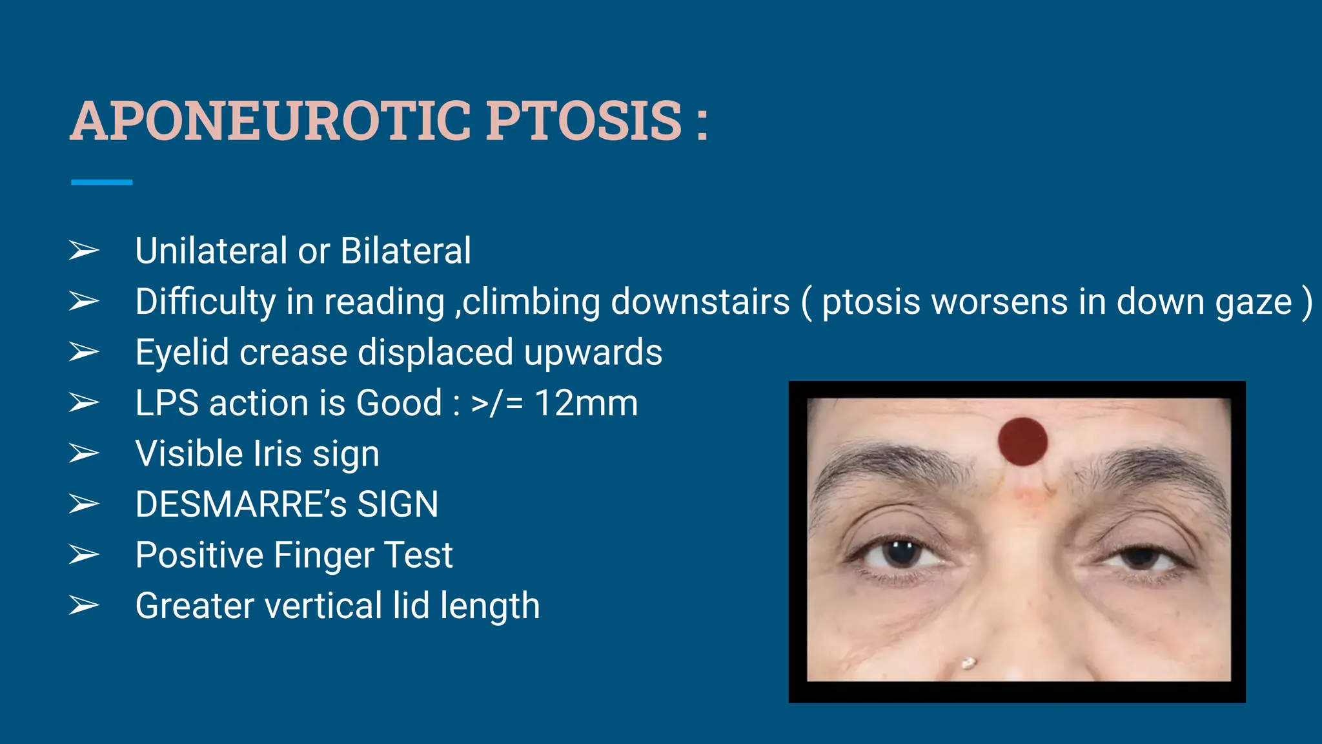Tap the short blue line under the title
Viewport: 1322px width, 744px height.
point(101,183)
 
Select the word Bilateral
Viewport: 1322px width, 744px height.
point(405,251)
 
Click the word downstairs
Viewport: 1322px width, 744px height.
point(700,302)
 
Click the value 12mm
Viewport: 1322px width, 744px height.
point(586,403)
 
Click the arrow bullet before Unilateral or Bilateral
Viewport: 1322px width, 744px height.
point(84,251)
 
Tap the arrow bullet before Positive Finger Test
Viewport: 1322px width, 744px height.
point(84,555)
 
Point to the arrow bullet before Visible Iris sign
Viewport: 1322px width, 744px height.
point(84,453)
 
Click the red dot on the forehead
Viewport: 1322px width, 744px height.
point(1022,441)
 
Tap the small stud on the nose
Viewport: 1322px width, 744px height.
point(968,663)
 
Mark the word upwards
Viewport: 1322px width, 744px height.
point(593,353)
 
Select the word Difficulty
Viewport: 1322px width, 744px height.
point(205,302)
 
